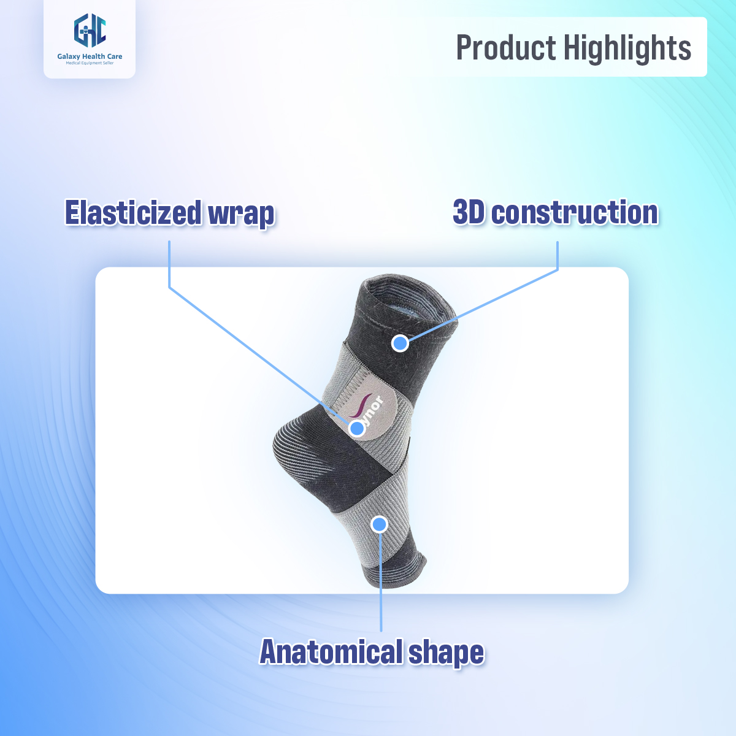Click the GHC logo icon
[90, 30]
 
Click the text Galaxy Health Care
[90, 56]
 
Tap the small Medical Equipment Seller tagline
[90, 63]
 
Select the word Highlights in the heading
[627, 48]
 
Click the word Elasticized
[133, 213]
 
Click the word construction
[575, 212]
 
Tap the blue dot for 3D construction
[400, 343]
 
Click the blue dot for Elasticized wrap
[357, 428]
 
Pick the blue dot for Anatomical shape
[380, 524]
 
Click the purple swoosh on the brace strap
[358, 407]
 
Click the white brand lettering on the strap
[375, 412]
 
